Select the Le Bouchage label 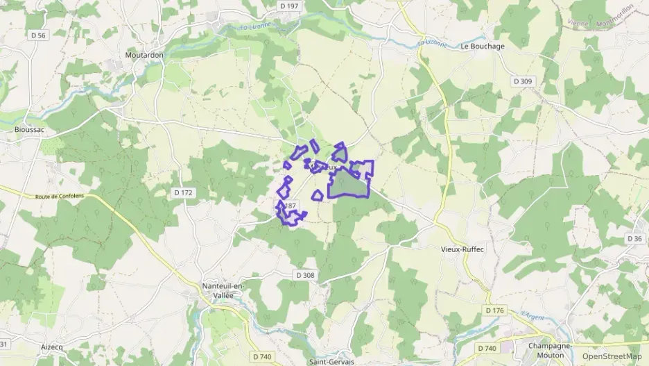coord(483,46)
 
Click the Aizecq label coord(51,347)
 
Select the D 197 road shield coord(289,6)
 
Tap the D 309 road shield coord(523,81)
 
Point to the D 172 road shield coord(183,192)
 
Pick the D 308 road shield coord(305,275)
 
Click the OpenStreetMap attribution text coord(612,356)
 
